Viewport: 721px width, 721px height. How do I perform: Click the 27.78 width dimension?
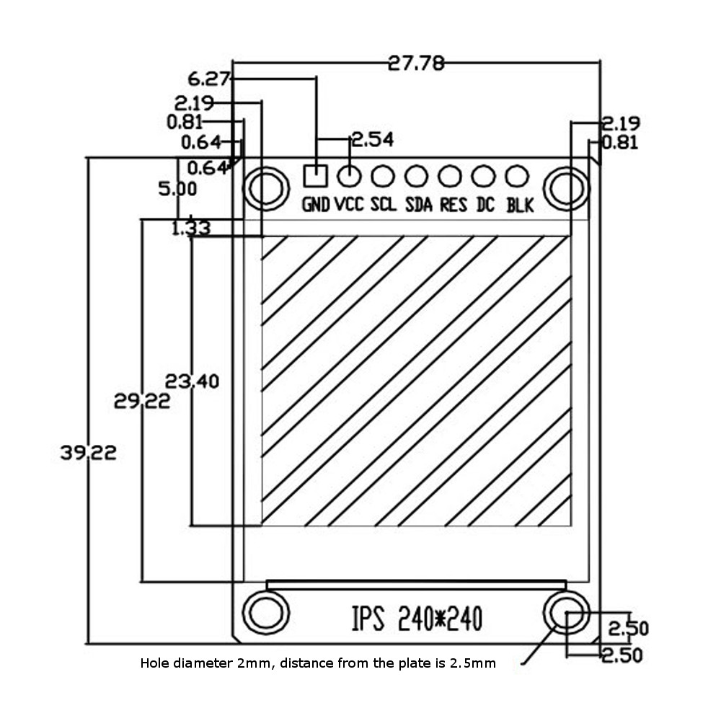[x=416, y=63]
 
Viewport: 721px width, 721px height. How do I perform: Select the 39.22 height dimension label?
[x=88, y=453]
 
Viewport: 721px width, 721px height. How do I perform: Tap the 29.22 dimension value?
[x=142, y=401]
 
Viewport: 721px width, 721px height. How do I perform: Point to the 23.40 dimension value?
[x=192, y=381]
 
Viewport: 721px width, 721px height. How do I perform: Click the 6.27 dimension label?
[x=209, y=78]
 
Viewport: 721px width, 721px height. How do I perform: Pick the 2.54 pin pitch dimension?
[x=372, y=140]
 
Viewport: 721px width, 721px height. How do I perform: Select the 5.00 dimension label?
[x=177, y=189]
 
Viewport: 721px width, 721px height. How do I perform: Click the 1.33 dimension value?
[x=190, y=229]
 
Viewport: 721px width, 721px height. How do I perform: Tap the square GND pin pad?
[x=315, y=175]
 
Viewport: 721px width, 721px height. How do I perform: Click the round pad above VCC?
[x=350, y=175]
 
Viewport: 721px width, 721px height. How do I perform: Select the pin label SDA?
[x=418, y=205]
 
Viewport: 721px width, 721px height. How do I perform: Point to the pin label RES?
[x=453, y=205]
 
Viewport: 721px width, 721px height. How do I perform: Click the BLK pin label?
[x=520, y=205]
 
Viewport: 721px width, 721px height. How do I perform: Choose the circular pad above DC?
[x=483, y=175]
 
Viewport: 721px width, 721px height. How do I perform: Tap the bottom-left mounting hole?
[x=266, y=614]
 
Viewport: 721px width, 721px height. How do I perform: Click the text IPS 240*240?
[x=417, y=619]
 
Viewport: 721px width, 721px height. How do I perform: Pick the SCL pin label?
[x=384, y=205]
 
